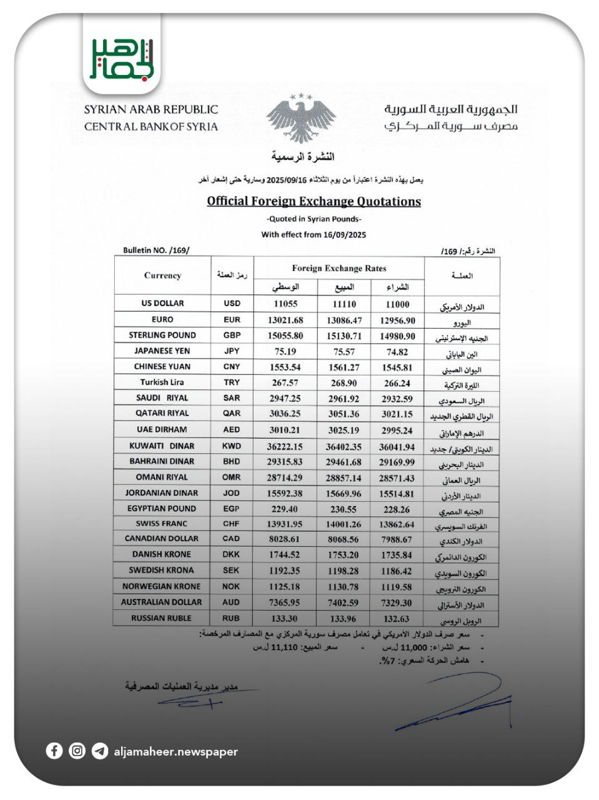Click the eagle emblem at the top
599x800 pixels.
301,118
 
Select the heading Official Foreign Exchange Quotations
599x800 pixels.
314,201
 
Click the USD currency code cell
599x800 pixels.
232,303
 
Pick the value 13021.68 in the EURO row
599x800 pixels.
285,320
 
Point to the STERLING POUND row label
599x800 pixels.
162,335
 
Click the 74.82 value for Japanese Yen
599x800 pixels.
397,351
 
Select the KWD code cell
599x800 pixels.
232,446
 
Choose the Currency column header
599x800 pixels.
162,276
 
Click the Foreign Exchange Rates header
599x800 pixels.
339,268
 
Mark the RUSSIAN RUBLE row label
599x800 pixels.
161,618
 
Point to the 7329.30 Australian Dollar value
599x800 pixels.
397,602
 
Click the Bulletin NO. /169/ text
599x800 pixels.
156,251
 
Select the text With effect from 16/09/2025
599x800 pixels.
314,235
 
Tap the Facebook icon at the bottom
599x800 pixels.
54,751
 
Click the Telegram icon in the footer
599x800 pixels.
99,751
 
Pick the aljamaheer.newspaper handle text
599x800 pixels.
176,752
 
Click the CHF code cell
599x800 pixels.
231,524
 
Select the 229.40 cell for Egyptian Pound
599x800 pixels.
285,509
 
